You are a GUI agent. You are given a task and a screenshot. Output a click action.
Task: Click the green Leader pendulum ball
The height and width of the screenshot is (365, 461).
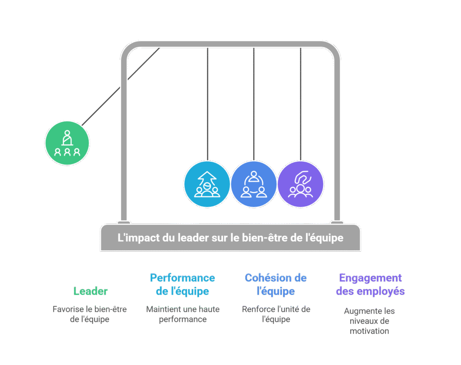coord(67,143)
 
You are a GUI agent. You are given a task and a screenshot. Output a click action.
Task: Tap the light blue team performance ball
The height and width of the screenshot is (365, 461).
coord(207,184)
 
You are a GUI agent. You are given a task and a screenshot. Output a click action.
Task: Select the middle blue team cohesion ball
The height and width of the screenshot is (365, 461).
coord(253,184)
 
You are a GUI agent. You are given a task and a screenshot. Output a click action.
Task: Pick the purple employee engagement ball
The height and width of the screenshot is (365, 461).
coord(300,184)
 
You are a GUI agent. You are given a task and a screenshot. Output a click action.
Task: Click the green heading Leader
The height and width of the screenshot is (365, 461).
coord(90,291)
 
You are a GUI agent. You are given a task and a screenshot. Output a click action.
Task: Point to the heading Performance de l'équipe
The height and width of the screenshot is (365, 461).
coord(182,284)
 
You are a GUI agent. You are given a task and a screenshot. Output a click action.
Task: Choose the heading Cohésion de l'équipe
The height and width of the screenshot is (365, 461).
coord(276,284)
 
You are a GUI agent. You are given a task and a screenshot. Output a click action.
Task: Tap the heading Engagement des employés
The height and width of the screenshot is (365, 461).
coord(370,284)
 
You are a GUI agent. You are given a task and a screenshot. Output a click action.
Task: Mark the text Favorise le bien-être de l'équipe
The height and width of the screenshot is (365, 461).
coord(90,314)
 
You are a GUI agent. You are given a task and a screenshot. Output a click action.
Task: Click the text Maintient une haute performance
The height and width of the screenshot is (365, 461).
coord(182,314)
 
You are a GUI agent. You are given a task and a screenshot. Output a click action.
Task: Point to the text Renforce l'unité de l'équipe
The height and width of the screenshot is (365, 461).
coord(276,314)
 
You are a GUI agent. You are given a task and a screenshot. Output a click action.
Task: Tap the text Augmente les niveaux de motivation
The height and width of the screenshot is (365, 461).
coord(369,321)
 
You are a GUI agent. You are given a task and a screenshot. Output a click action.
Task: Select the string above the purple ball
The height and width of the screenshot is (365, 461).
coord(301,104)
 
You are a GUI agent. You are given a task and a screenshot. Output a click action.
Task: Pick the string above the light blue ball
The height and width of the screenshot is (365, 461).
coord(207,104)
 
